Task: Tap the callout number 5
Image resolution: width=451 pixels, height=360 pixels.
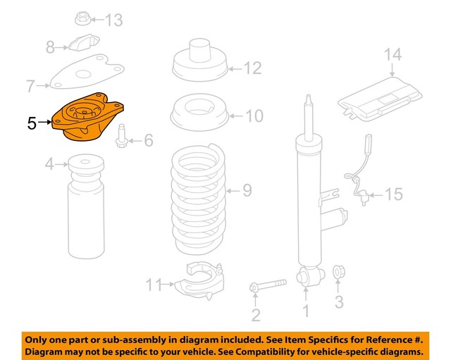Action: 32,123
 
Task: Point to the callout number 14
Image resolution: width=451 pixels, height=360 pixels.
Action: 392,54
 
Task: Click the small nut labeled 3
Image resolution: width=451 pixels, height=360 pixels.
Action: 338,271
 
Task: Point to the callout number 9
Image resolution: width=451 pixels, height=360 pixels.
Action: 247,190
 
